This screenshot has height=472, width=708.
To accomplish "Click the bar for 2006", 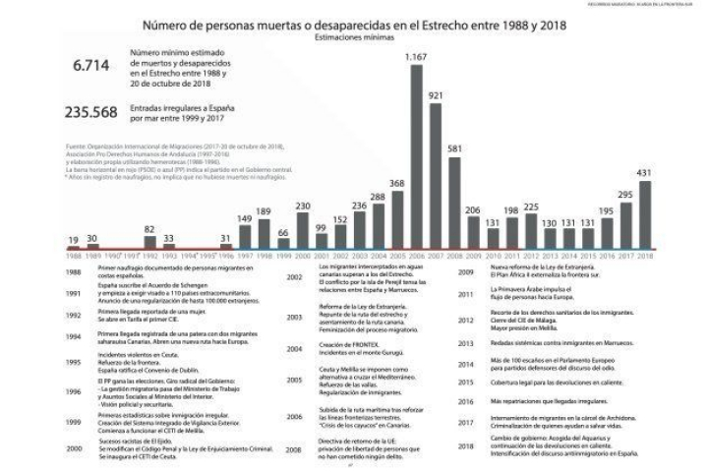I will click(417, 157).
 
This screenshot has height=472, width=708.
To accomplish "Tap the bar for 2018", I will click(645, 215).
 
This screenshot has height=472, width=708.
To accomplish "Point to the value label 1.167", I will click(417, 57).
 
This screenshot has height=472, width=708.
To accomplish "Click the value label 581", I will click(454, 148).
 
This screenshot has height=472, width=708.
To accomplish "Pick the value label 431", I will click(645, 173).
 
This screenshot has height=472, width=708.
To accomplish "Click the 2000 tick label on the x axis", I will click(302, 255).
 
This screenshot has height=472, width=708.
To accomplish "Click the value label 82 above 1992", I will click(149, 228).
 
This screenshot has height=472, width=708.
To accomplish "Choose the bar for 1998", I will click(264, 232).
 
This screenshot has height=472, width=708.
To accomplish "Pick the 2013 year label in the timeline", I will click(467, 343).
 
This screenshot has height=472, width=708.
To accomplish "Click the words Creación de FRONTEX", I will click(345, 343).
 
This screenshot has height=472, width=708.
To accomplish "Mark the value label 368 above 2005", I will click(396, 183).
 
